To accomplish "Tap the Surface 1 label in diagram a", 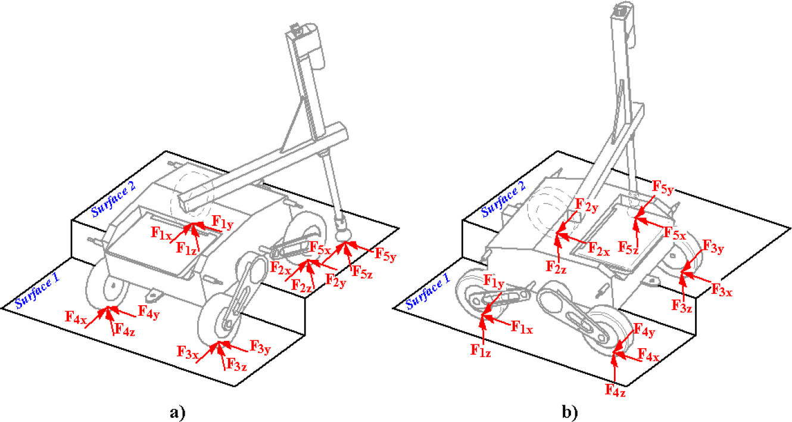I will [x=38, y=291].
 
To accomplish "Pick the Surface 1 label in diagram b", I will [x=428, y=292].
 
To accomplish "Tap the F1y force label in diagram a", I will [x=222, y=221].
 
